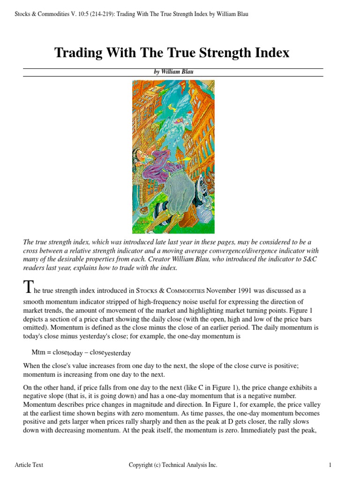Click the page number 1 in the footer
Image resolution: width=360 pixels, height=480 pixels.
pyautogui.click(x=330, y=465)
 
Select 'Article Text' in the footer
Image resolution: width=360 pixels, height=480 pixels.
pyautogui.click(x=29, y=465)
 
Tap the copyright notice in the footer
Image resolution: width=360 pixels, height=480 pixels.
pyautogui.click(x=173, y=465)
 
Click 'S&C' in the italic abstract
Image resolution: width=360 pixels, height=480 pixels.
pyautogui.click(x=305, y=259)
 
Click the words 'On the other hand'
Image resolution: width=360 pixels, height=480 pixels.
pyautogui.click(x=50, y=388)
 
